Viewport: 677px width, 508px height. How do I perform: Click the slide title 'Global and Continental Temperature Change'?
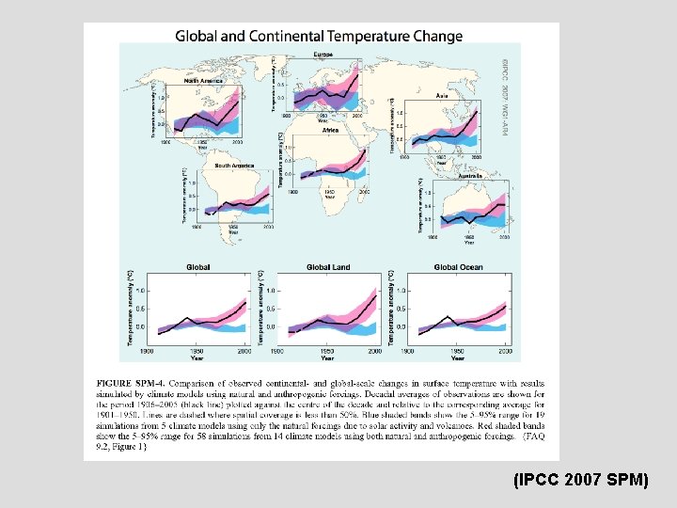tap(319, 37)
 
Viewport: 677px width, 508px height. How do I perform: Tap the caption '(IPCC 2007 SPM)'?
tap(581, 480)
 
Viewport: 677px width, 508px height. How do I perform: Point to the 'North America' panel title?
tap(204, 82)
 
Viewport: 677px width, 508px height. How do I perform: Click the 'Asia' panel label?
tap(441, 96)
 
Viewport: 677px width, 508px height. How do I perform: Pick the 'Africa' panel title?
tap(330, 131)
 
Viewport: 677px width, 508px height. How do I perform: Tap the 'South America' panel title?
tap(234, 166)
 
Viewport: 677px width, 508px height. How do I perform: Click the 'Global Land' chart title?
tap(327, 267)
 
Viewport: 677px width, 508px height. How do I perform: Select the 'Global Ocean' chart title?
tap(458, 267)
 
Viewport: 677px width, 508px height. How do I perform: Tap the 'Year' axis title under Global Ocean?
tap(457, 358)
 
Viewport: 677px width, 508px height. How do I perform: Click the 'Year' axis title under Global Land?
tap(326, 358)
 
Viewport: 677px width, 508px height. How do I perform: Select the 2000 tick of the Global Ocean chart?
tap(506, 351)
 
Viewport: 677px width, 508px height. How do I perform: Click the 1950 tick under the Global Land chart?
tap(326, 351)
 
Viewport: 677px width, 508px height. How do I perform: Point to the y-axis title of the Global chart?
tap(130, 307)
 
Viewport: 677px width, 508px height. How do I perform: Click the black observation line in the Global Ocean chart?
tap(470, 322)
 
